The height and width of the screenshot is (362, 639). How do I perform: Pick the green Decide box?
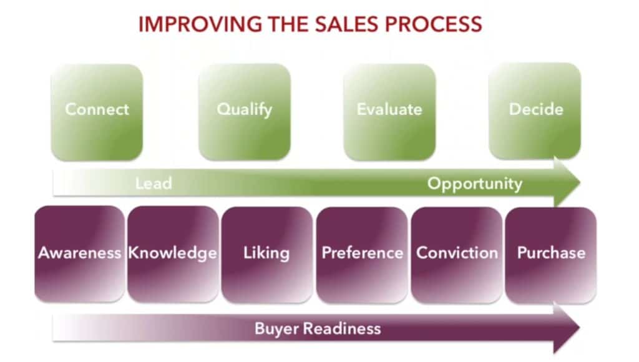(x=535, y=110)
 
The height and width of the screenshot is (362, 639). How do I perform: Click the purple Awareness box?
(x=79, y=253)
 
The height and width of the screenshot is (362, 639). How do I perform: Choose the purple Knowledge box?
(x=173, y=253)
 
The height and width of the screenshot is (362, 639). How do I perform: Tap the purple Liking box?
(x=266, y=253)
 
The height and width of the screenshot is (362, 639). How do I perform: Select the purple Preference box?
(x=362, y=253)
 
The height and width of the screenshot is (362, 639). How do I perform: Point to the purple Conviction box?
(x=457, y=253)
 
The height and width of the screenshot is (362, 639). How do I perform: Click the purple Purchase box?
(x=551, y=253)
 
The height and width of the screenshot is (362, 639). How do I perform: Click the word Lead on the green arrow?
(x=154, y=184)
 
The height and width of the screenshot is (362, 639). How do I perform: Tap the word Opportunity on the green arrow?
(x=474, y=184)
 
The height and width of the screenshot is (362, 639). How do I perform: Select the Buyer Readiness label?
(x=318, y=328)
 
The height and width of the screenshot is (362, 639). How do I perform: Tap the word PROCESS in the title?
(x=437, y=24)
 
